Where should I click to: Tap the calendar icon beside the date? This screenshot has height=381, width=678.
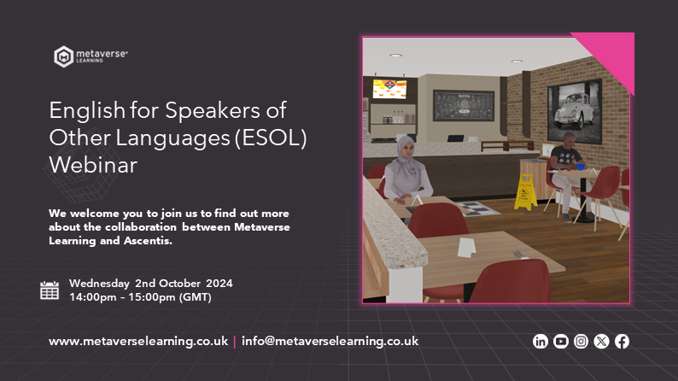[x=50, y=290]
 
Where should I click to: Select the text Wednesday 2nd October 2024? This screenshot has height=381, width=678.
[x=151, y=283]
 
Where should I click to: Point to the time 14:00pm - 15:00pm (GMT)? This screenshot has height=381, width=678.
[x=140, y=297]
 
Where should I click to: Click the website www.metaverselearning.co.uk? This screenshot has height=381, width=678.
[x=138, y=341]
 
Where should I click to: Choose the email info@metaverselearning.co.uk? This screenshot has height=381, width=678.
[x=330, y=341]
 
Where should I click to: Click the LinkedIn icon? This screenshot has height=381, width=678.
[x=540, y=342]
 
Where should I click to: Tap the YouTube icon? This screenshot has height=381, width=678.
[x=560, y=342]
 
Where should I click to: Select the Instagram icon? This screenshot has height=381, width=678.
[x=581, y=342]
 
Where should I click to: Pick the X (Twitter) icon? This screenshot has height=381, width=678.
[x=601, y=342]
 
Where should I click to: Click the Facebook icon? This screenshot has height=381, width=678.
[x=622, y=342]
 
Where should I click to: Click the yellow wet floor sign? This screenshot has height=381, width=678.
[x=523, y=190]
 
